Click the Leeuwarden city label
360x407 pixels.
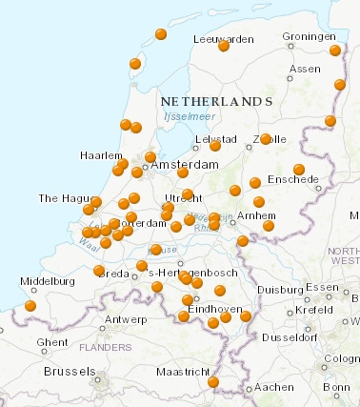tap(223, 38)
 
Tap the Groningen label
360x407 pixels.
tap(309, 37)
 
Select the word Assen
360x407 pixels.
tap(304, 69)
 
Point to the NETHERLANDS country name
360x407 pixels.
tap(217, 100)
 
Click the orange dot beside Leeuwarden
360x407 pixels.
tap(224, 46)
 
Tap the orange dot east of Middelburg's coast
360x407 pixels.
tap(30, 306)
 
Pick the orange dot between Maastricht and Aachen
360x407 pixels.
tap(213, 382)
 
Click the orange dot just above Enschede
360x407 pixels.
tap(299, 170)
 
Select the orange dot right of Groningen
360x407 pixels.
tap(335, 51)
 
